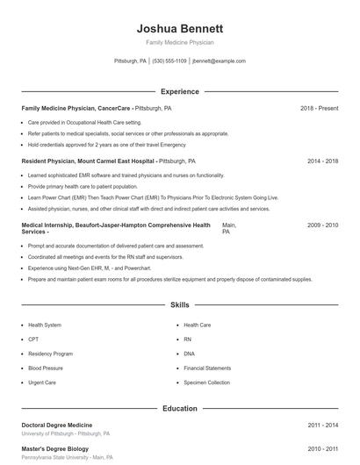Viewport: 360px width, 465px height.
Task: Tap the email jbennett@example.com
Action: click(x=219, y=61)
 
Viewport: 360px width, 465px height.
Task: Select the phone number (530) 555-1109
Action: click(x=169, y=61)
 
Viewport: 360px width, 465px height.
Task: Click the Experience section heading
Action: click(x=180, y=91)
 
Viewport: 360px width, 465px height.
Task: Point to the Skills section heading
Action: click(x=180, y=305)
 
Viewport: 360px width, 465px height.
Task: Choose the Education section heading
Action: click(x=180, y=408)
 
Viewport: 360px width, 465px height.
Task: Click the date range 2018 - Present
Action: click(x=319, y=108)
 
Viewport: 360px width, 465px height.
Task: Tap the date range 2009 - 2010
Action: click(x=322, y=225)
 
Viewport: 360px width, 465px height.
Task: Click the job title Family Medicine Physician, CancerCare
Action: click(x=76, y=108)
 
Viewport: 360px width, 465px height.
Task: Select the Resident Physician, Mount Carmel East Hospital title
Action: click(x=88, y=161)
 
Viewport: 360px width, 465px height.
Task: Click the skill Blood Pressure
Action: click(x=46, y=368)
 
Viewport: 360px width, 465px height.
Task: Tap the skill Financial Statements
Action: click(x=207, y=368)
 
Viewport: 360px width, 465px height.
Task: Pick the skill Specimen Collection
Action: click(x=207, y=383)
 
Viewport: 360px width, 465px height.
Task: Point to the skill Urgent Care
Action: click(x=42, y=383)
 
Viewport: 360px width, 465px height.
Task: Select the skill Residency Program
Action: click(x=50, y=354)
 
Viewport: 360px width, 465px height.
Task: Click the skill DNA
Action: click(x=189, y=354)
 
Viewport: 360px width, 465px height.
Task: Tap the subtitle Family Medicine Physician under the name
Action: click(x=180, y=42)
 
